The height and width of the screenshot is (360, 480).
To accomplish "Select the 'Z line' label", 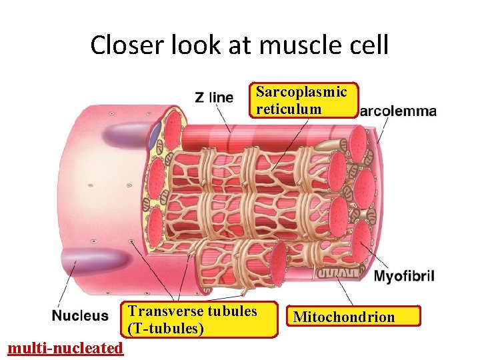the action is coord(214,97).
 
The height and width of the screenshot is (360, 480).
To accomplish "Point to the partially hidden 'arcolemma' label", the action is coord(398,111).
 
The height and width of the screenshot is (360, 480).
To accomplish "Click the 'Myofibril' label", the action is coord(404,276).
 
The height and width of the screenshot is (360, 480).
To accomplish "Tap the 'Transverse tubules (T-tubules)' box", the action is coord(201,319).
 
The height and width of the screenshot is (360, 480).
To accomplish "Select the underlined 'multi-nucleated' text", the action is coord(64,348).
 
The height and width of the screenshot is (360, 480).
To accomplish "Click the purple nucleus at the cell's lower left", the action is coord(87,260).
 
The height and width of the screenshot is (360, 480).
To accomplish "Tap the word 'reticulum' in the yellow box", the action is coord(289,109).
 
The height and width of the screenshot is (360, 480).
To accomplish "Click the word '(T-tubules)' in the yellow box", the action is coord(166,328).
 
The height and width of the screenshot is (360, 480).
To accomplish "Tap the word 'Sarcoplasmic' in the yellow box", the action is coord(301,92).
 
